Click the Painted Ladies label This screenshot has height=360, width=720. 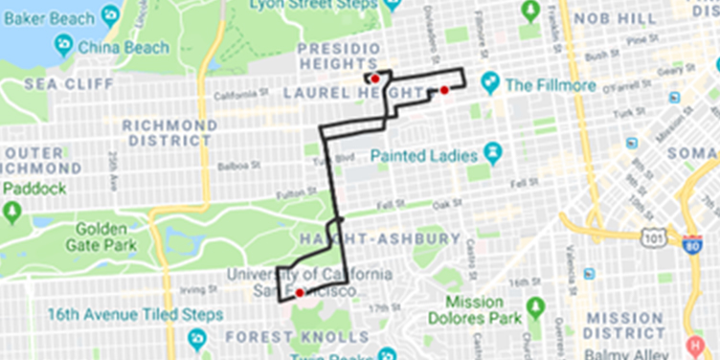click(424, 154)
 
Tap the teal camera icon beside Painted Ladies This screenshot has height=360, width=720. click(493, 152)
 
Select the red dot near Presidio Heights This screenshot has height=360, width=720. click(376, 79)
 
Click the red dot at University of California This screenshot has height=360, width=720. click(300, 292)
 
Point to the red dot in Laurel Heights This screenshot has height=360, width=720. click(444, 90)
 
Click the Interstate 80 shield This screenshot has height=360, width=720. click(691, 244)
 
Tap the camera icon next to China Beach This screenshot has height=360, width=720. click(63, 45)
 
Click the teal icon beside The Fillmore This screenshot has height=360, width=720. click(491, 83)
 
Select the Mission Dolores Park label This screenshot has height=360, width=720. click(474, 308)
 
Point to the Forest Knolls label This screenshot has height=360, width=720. click(297, 337)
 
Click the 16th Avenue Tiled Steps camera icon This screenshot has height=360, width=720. click(198, 337)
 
